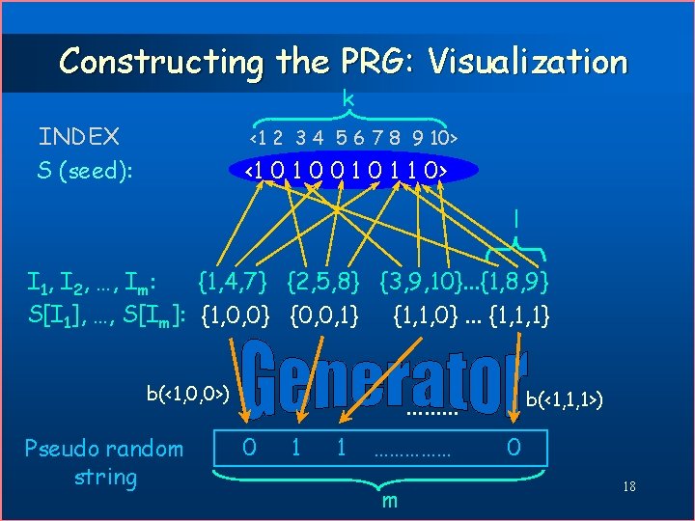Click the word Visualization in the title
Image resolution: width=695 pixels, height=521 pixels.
[x=528, y=62]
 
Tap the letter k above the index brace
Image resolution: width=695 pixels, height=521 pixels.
[x=347, y=98]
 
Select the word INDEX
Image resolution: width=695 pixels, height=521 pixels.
[x=79, y=136]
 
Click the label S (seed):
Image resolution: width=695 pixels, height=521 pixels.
[x=85, y=171]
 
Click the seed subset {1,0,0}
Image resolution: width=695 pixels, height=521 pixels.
[x=238, y=315]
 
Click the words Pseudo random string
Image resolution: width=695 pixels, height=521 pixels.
[x=104, y=462]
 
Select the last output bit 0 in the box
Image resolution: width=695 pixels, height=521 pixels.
[x=514, y=448]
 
